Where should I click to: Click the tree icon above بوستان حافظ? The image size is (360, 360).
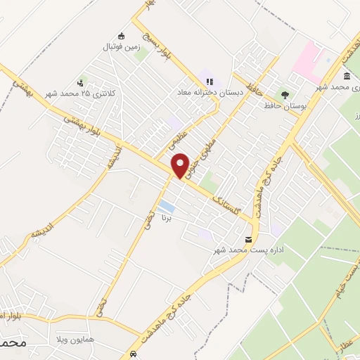click(x=284, y=94)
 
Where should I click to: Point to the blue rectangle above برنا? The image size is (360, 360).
click(x=167, y=207)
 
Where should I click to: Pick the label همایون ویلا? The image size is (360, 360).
click(x=116, y=340)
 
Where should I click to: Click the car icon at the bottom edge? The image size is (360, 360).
click(x=134, y=353)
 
